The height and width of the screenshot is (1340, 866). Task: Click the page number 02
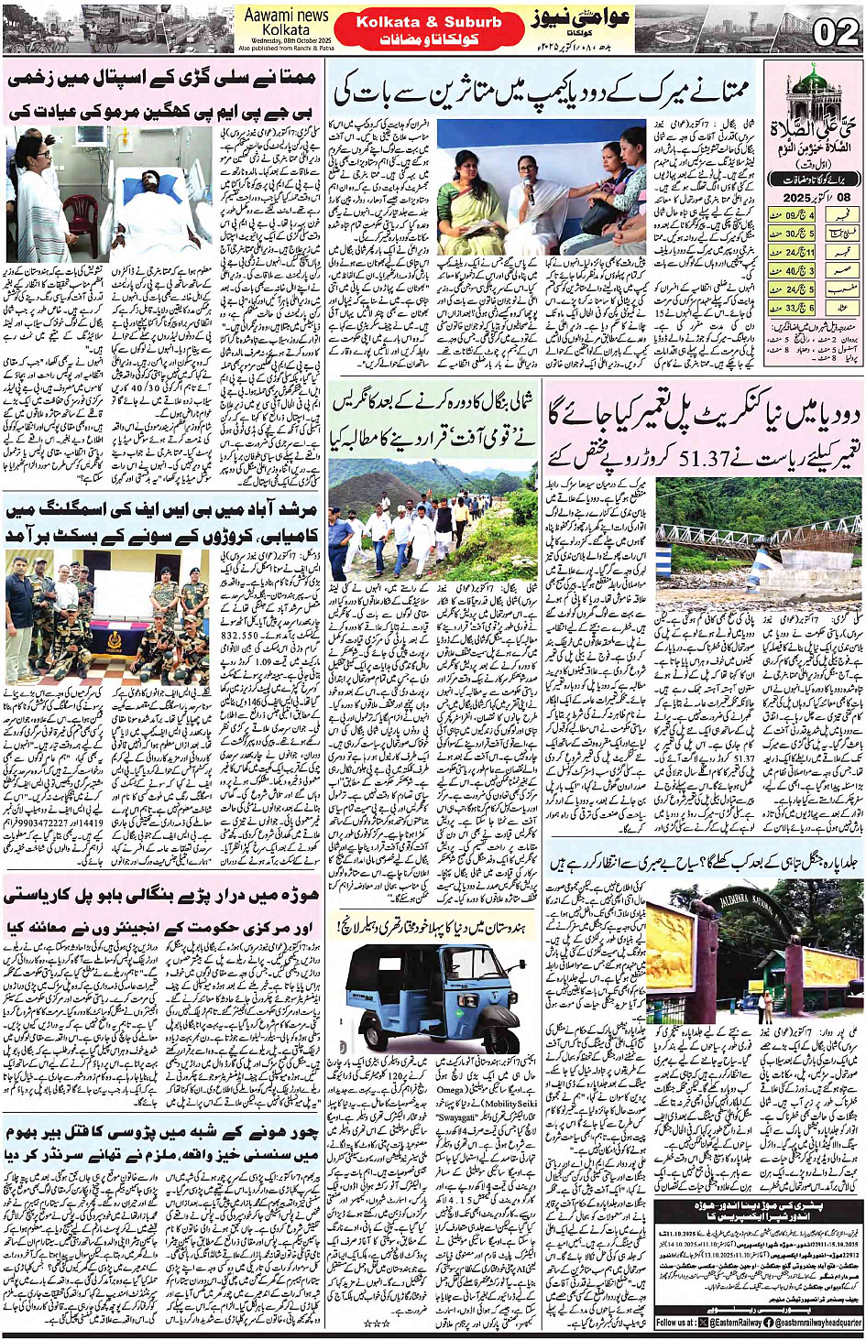click(x=835, y=33)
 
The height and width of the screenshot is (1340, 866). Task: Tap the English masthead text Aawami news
click(x=286, y=15)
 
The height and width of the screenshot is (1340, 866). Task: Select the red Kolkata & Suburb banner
click(x=429, y=28)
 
